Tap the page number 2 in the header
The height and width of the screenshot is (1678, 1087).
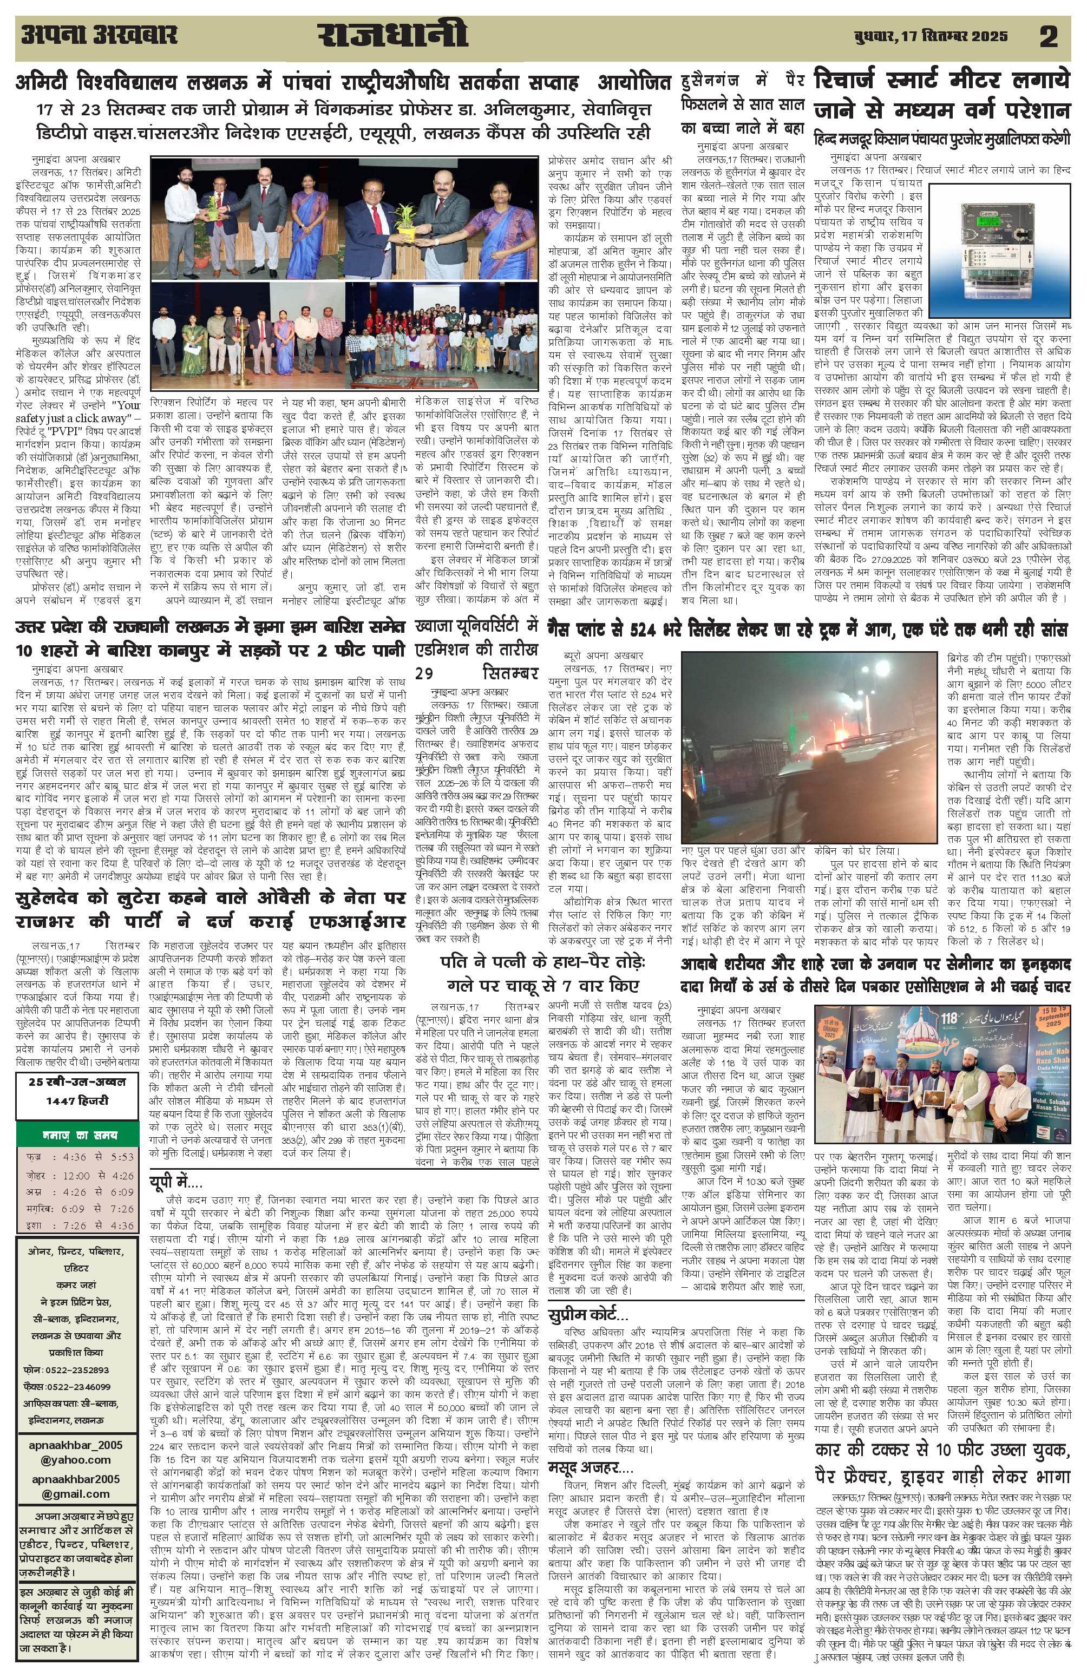(x=1048, y=37)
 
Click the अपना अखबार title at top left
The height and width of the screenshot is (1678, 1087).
(x=99, y=35)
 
